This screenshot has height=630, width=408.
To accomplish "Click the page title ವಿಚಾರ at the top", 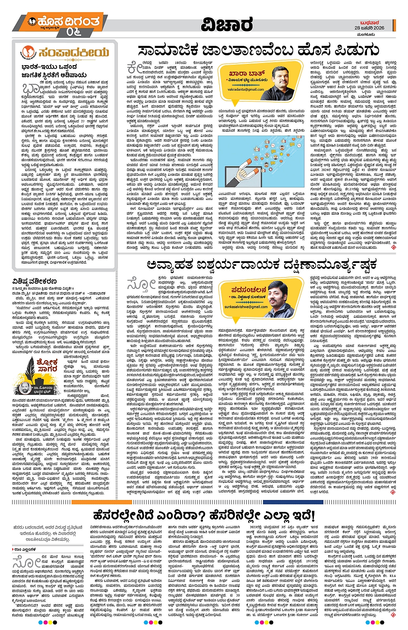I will pos(228,25).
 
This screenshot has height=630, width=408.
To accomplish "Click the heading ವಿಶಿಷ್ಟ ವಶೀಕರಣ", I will pos(37,282).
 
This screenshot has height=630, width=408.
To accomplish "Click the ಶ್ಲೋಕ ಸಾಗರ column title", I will pos(47,365).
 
